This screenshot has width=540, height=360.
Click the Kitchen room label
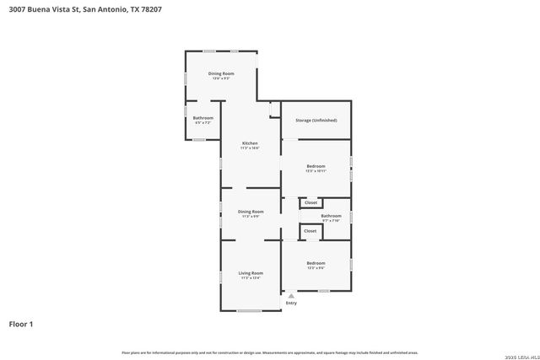(251, 143)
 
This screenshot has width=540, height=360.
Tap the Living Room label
(251, 272)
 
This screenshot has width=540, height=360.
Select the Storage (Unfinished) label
(316, 121)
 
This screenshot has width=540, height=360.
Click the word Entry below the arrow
(291, 304)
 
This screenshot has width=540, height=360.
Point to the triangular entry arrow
(291, 296)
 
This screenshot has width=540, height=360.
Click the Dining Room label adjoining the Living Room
(251, 212)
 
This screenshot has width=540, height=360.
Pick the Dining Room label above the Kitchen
(221, 73)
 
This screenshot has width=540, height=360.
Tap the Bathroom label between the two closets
(331, 216)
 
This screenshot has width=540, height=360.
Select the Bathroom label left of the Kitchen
(203, 118)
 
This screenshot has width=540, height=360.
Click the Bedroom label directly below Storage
(316, 166)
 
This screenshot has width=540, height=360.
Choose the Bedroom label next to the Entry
(316, 263)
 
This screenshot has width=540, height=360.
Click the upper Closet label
(310, 202)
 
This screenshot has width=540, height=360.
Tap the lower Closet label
(310, 230)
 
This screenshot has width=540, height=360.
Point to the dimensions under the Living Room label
(251, 277)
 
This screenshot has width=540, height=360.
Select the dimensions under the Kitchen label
(251, 148)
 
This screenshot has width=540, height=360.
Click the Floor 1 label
(21, 324)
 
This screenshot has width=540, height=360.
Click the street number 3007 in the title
(18, 10)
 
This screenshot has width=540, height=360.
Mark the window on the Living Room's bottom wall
(249, 311)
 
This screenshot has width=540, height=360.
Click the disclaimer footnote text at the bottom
(270, 352)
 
